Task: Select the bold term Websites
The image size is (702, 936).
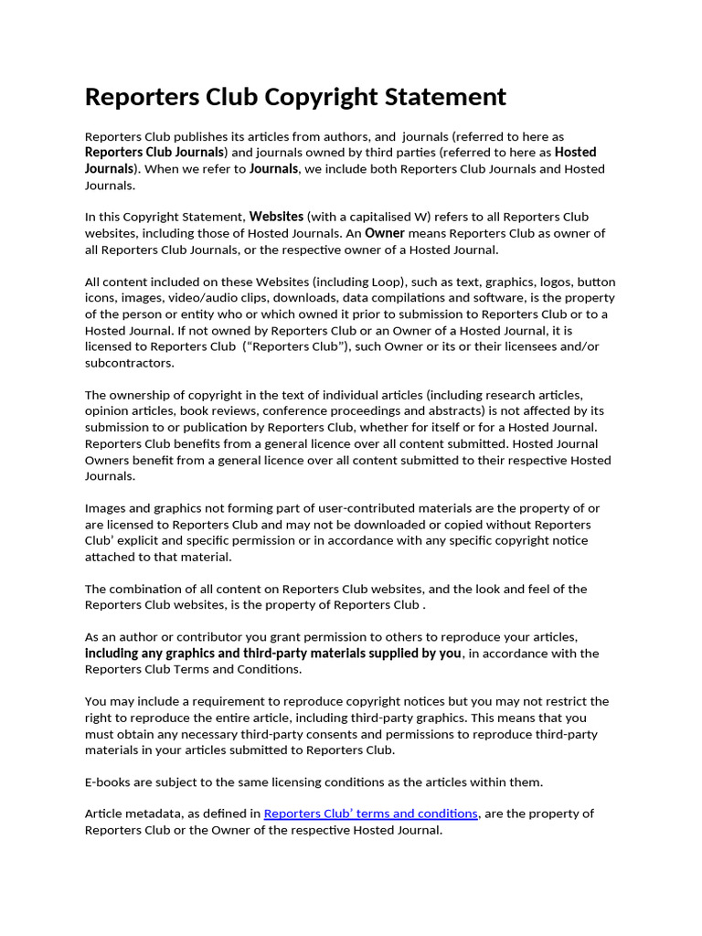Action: click(x=277, y=217)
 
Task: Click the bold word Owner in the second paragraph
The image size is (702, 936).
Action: click(x=385, y=233)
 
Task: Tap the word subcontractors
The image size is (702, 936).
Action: click(x=129, y=363)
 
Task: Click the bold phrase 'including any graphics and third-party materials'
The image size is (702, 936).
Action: click(x=241, y=654)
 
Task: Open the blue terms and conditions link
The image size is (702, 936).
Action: click(x=370, y=814)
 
